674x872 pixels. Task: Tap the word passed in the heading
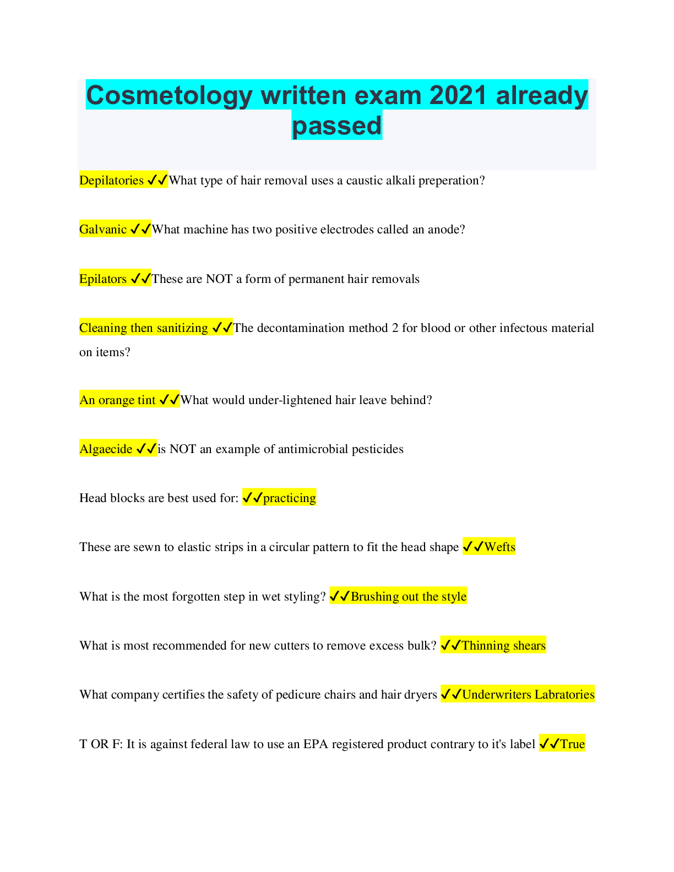(336, 125)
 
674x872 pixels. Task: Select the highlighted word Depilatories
(111, 181)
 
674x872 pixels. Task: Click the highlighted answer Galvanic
(103, 230)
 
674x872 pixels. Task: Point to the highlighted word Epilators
(103, 279)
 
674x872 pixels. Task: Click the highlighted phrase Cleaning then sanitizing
(144, 328)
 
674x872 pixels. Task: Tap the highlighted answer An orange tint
(117, 400)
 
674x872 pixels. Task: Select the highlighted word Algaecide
(106, 449)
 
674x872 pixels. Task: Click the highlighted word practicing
(290, 498)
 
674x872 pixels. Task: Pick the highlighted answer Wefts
(500, 547)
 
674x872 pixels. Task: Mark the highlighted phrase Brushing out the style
(409, 597)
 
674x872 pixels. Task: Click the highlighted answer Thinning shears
(503, 646)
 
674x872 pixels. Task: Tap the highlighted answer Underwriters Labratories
(528, 695)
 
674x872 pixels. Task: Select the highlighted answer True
(572, 744)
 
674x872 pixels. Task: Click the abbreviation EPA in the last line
(316, 744)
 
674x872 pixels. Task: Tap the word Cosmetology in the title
(170, 95)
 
